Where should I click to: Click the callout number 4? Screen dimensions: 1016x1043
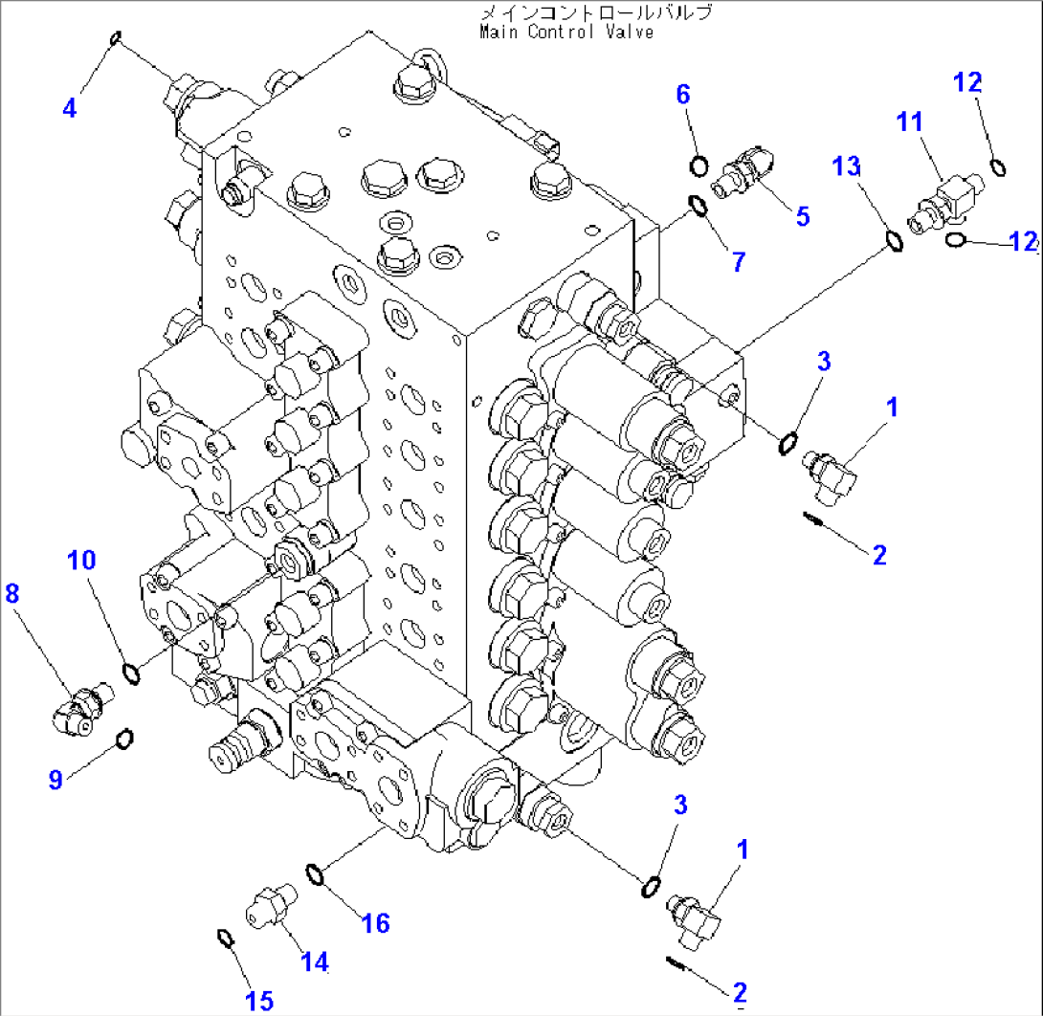click(x=68, y=108)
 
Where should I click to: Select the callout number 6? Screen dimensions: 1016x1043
click(x=682, y=94)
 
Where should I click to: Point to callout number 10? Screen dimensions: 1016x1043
click(x=81, y=560)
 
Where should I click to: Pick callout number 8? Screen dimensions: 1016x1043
click(x=11, y=594)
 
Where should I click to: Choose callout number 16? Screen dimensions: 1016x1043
click(x=377, y=922)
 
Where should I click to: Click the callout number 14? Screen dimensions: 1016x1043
click(x=315, y=961)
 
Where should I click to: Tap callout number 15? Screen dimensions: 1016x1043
click(x=258, y=1001)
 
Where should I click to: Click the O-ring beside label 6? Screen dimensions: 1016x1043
click(x=699, y=166)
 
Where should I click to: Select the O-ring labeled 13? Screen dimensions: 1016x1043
click(x=894, y=243)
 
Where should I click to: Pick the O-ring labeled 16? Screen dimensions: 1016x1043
click(x=315, y=872)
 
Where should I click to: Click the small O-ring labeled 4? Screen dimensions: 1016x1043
click(x=116, y=39)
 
